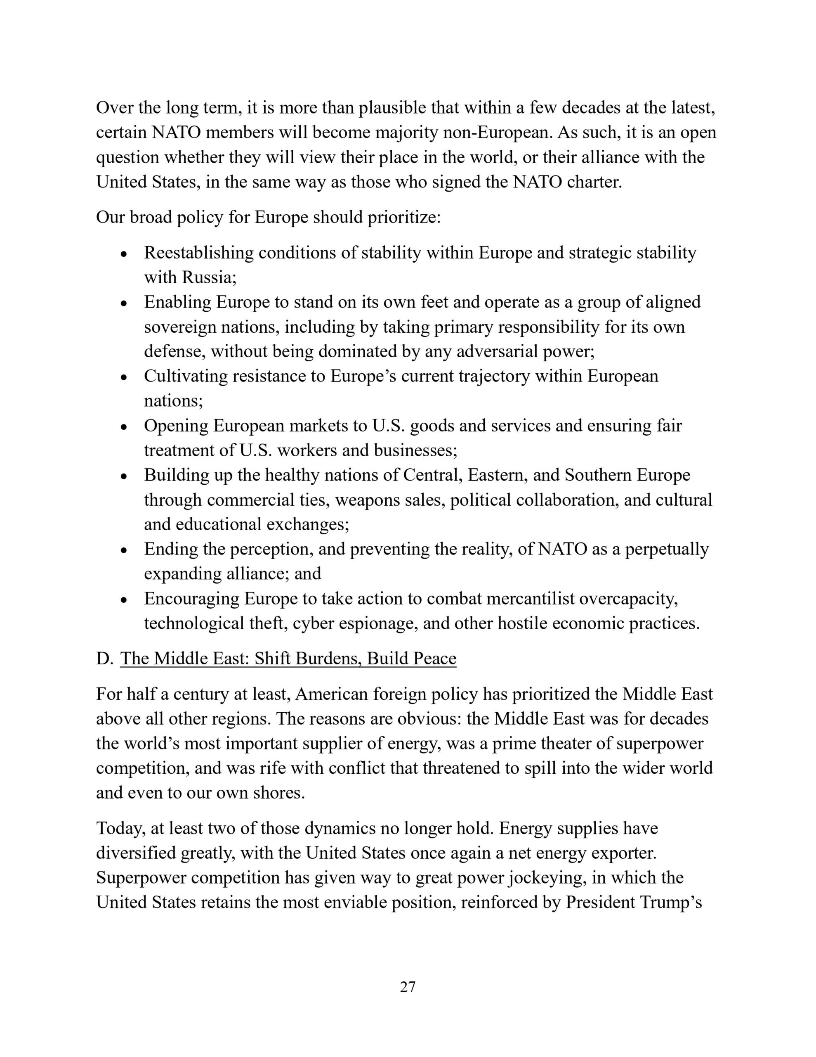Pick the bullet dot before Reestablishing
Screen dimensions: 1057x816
point(124,254)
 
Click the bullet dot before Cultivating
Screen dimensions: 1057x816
point(124,377)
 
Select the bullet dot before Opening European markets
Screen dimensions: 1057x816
point(124,427)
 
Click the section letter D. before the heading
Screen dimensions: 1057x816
point(104,659)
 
